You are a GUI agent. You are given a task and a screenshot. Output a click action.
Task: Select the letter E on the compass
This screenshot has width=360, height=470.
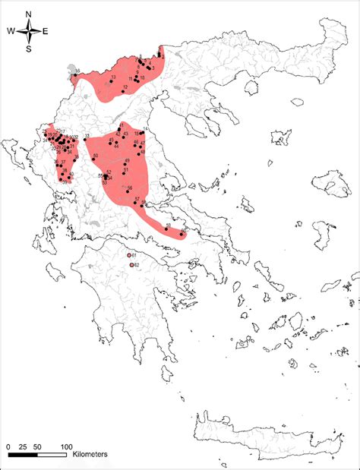(46, 31)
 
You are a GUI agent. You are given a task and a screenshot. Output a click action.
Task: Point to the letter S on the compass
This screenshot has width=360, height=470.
(29, 49)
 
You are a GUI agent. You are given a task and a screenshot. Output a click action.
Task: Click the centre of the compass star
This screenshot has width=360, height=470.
(29, 31)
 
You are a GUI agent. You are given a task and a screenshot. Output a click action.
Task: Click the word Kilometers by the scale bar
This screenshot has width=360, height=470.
(90, 454)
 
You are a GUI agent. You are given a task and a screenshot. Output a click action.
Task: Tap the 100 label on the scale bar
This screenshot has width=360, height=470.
(67, 445)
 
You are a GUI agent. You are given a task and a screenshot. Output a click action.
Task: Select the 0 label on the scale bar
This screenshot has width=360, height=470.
(8, 445)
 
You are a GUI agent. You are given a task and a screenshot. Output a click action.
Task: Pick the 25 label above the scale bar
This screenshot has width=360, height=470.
(23, 445)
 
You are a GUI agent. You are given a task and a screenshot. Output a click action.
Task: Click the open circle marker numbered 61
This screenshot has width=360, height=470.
(129, 256)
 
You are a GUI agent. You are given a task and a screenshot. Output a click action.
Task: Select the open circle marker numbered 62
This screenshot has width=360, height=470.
(132, 266)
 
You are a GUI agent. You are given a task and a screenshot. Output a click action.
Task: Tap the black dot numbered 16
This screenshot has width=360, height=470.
(74, 74)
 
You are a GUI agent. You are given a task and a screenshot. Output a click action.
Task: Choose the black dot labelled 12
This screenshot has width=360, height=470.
(121, 87)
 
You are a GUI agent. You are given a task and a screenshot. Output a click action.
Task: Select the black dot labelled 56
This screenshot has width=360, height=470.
(127, 186)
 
